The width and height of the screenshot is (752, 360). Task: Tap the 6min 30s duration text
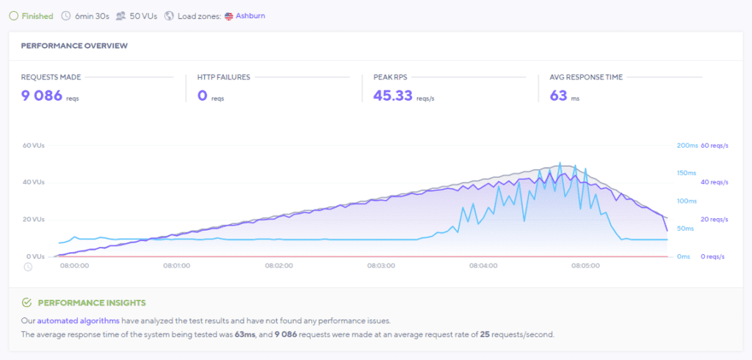click(x=90, y=15)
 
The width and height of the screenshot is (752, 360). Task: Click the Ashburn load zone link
click(x=250, y=15)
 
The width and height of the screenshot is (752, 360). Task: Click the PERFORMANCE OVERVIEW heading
click(x=74, y=46)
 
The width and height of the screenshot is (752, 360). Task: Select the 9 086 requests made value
click(x=42, y=96)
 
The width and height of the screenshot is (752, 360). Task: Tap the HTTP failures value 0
click(x=202, y=96)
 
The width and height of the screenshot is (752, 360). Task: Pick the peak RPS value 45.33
click(x=392, y=96)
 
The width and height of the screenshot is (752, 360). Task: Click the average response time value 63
click(x=558, y=96)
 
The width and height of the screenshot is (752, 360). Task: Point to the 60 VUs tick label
click(x=34, y=145)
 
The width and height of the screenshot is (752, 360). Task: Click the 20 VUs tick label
click(x=34, y=220)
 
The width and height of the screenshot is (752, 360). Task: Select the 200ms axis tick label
click(x=686, y=145)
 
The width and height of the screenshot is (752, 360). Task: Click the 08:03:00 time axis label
click(x=381, y=266)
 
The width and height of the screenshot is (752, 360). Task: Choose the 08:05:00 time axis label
click(x=585, y=266)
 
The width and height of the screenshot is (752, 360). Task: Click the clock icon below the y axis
click(x=28, y=266)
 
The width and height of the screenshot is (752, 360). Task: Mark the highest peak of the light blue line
click(x=560, y=163)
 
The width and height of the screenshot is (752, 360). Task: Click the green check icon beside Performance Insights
click(x=26, y=303)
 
